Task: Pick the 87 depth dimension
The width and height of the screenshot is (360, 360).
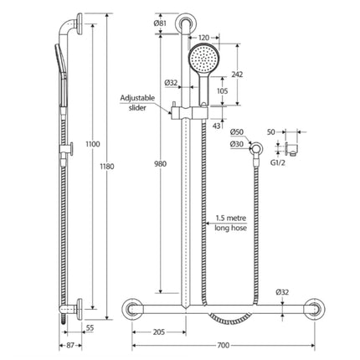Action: coord(73,345)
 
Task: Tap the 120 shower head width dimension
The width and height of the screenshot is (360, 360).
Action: coord(203,38)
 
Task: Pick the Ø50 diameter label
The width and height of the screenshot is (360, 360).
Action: coord(235,132)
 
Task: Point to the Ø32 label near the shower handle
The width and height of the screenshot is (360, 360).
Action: coord(170,82)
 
